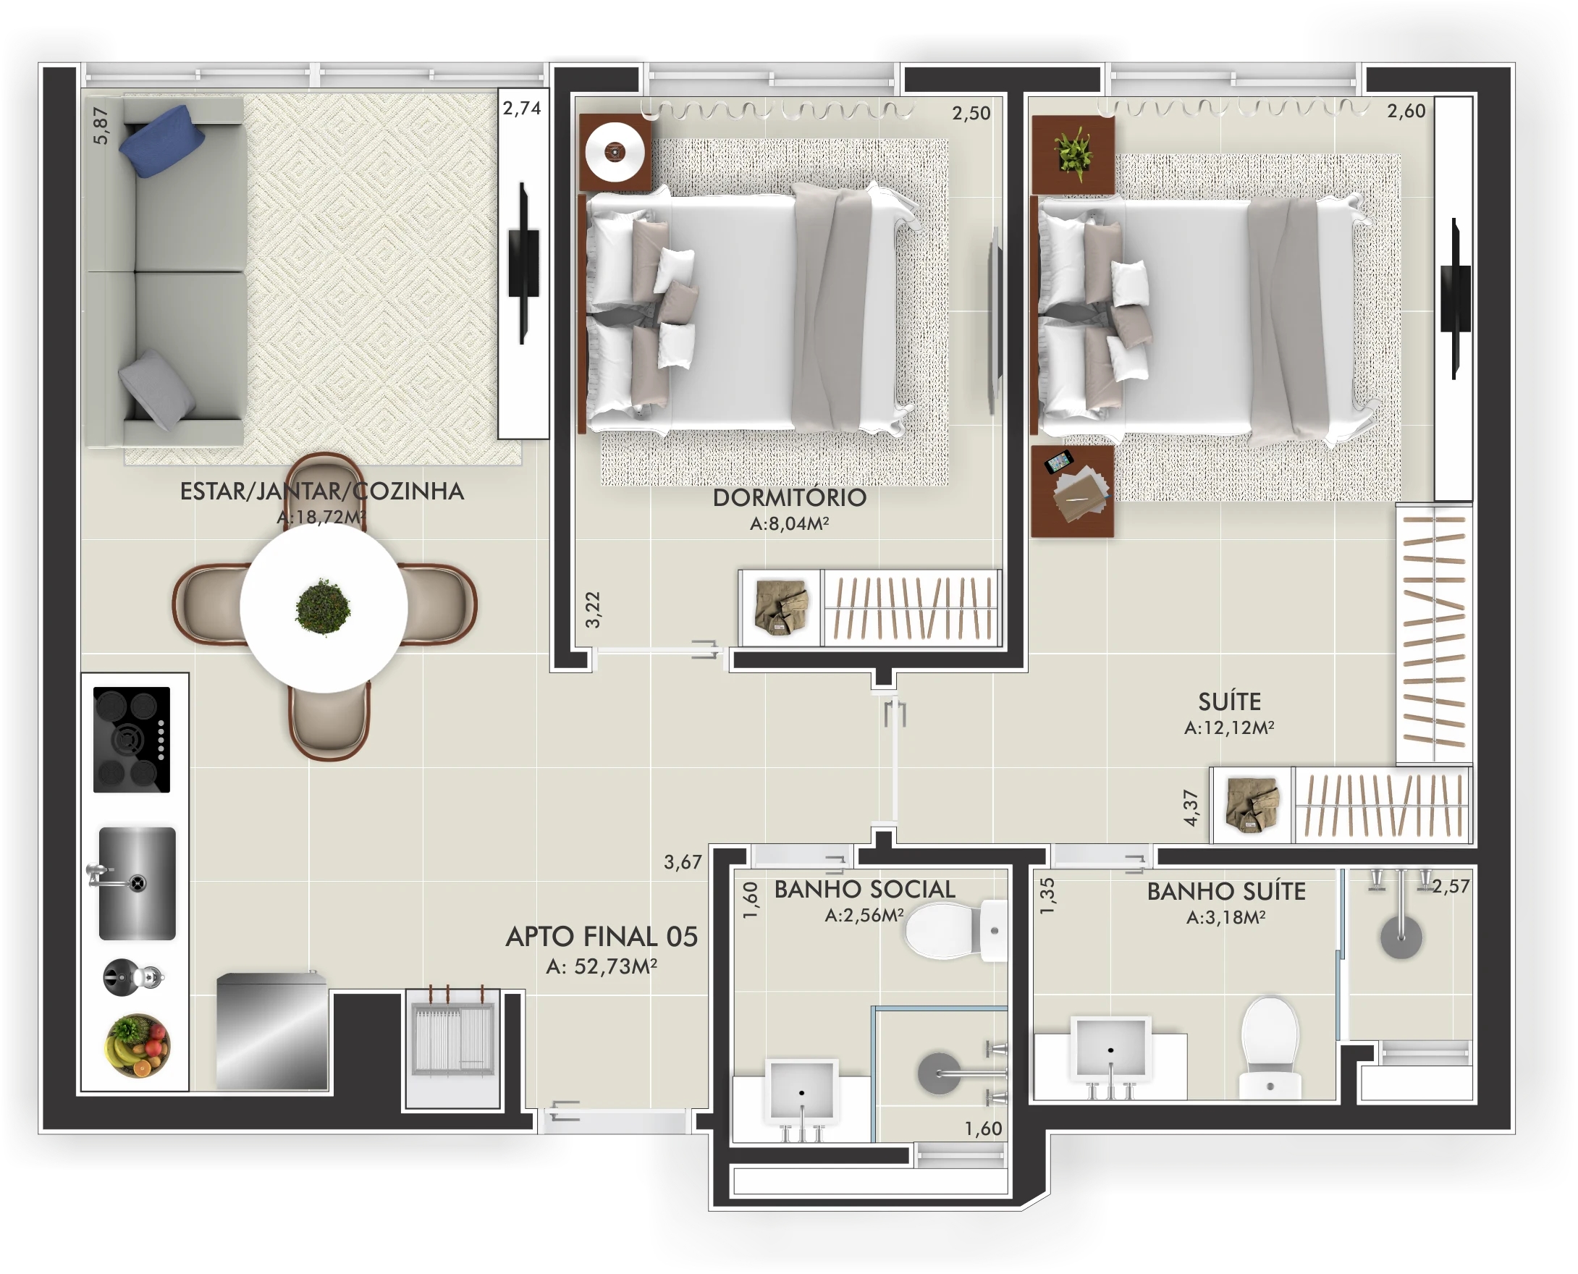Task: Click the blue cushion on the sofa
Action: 161,141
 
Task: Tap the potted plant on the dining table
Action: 323,607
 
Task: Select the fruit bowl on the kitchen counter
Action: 138,1045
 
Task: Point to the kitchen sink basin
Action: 138,884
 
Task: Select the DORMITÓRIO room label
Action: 790,497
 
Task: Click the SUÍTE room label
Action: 1229,701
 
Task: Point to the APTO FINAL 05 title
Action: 601,937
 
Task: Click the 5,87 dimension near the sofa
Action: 101,125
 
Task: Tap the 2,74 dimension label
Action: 522,109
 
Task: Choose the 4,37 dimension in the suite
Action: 1191,808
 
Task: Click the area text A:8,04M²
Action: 790,523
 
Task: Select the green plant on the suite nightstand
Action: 1073,153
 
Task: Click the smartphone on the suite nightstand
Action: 1058,463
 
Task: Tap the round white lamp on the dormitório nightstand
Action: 615,152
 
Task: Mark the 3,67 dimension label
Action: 683,861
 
